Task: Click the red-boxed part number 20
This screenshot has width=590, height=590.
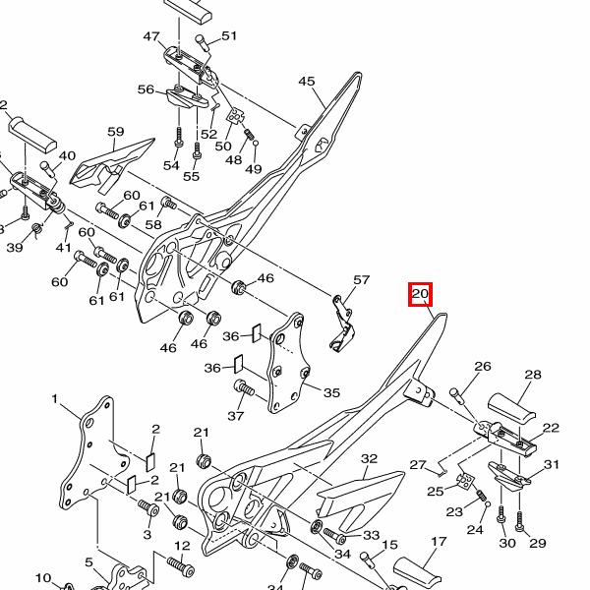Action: tap(421, 294)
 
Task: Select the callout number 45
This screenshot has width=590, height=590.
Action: tap(307, 82)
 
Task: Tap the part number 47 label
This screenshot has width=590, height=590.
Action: tap(151, 37)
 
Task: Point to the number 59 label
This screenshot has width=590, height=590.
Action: tap(115, 132)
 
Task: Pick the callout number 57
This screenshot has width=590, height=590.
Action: tap(361, 280)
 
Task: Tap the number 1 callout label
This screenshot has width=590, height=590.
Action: tap(56, 399)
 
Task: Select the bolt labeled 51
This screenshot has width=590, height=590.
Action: tap(205, 41)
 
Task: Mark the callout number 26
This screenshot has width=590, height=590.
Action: tap(482, 367)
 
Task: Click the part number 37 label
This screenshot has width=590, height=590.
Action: tap(236, 416)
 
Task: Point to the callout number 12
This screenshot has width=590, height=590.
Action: tap(183, 546)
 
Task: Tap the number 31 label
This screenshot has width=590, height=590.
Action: tap(552, 465)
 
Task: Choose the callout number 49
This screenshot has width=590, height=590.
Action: tap(254, 169)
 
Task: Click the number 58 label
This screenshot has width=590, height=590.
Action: tap(153, 225)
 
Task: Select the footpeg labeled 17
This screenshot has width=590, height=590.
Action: tap(423, 570)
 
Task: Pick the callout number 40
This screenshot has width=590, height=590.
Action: tap(67, 156)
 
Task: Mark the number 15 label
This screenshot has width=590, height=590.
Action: tap(389, 545)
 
